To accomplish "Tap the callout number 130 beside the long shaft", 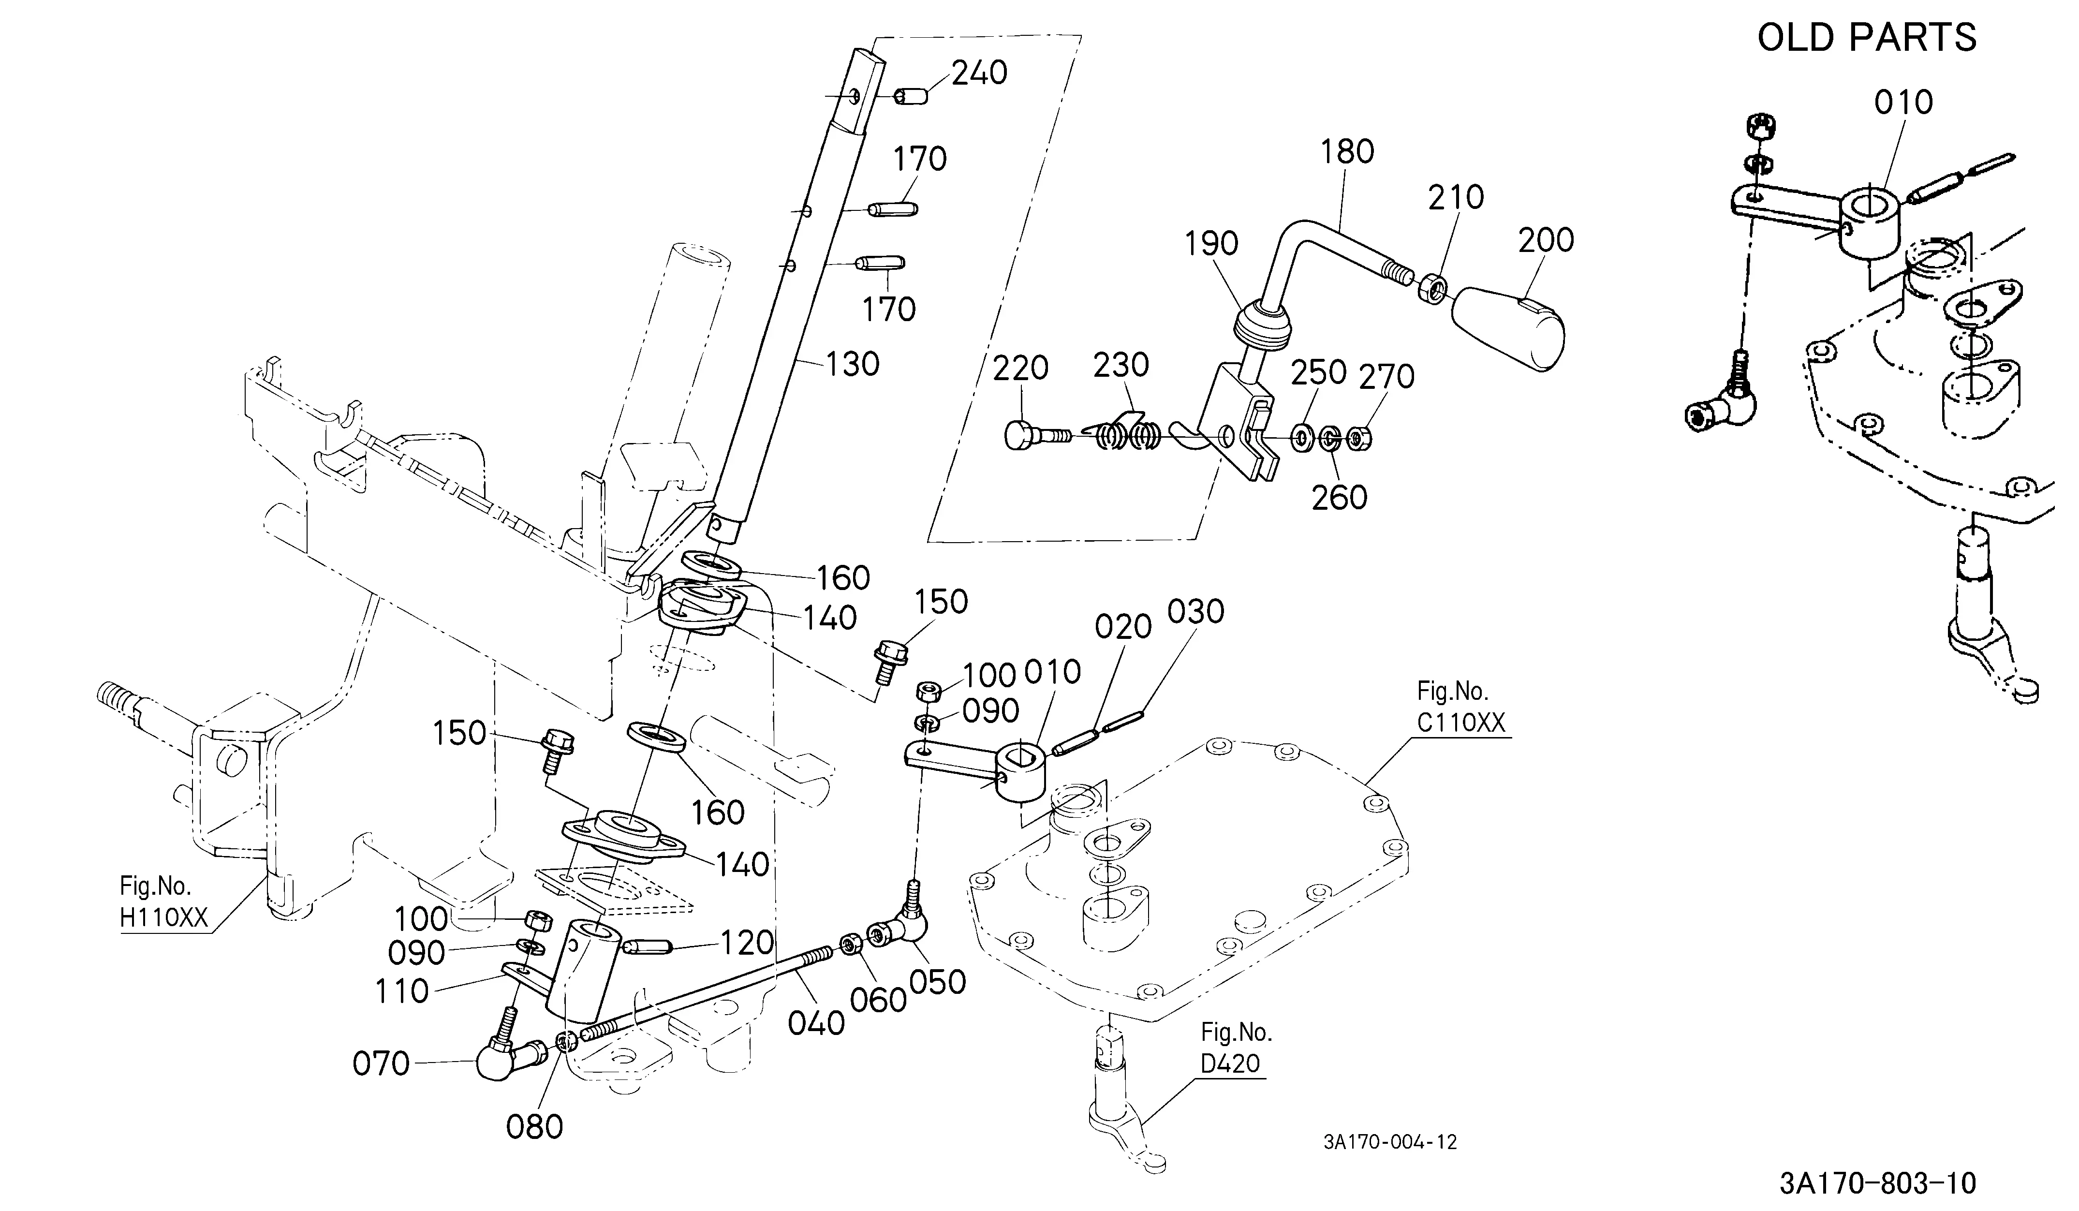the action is pyautogui.click(x=852, y=364).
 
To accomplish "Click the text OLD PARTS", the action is pyautogui.click(x=1867, y=38).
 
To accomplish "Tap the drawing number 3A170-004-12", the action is pyautogui.click(x=1390, y=1142).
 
